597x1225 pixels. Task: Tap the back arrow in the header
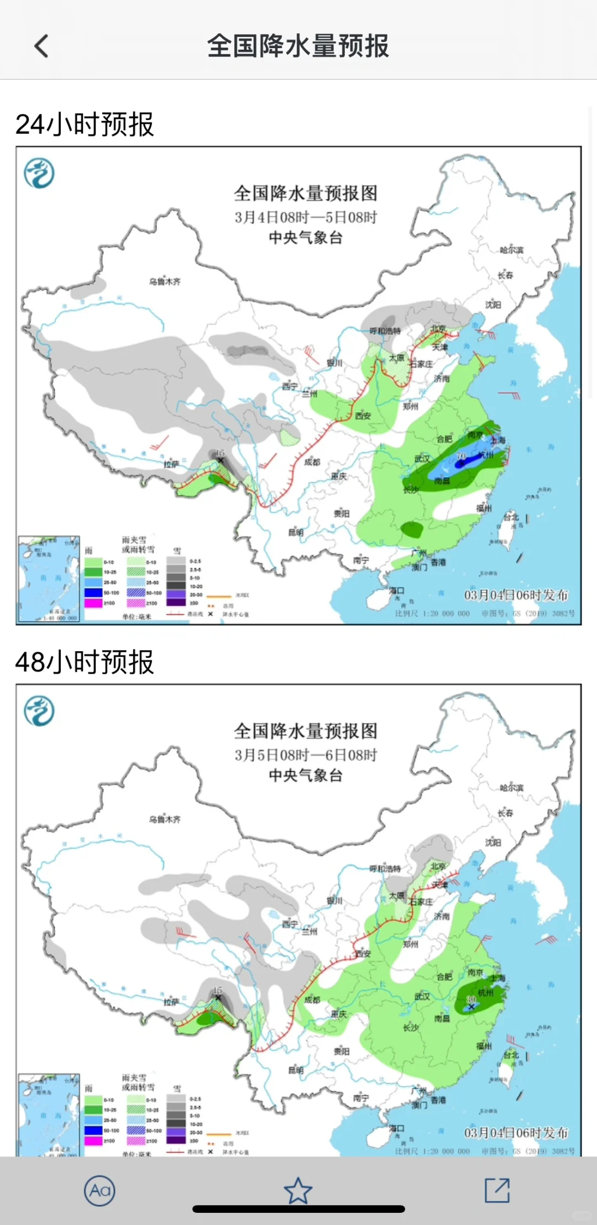pyautogui.click(x=41, y=46)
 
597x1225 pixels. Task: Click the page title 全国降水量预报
pyautogui.click(x=298, y=46)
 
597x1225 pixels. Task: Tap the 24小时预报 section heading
pyautogui.click(x=85, y=124)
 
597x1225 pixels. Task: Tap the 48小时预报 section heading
pyautogui.click(x=85, y=662)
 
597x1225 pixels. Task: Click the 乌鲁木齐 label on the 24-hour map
pyautogui.click(x=164, y=281)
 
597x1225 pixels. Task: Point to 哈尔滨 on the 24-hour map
pyautogui.click(x=511, y=250)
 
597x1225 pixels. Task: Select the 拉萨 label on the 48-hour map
pyautogui.click(x=171, y=1001)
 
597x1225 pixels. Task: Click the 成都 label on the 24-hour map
pyautogui.click(x=312, y=462)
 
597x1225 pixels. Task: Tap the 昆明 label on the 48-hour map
pyautogui.click(x=296, y=1070)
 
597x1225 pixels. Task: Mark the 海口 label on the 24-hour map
pyautogui.click(x=396, y=590)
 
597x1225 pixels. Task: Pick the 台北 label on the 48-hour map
pyautogui.click(x=511, y=1055)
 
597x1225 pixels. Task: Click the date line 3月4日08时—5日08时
pyautogui.click(x=305, y=217)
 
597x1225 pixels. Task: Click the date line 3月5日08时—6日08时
pyautogui.click(x=305, y=755)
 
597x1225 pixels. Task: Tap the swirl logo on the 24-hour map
pyautogui.click(x=39, y=173)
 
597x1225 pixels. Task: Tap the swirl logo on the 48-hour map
pyautogui.click(x=39, y=710)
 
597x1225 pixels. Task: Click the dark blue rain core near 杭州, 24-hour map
pyautogui.click(x=460, y=464)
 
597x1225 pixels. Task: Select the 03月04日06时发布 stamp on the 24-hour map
pyautogui.click(x=516, y=595)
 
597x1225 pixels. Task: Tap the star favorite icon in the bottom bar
pyautogui.click(x=298, y=1190)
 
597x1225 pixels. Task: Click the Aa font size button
pyautogui.click(x=99, y=1190)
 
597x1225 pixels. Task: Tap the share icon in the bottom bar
pyautogui.click(x=497, y=1190)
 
